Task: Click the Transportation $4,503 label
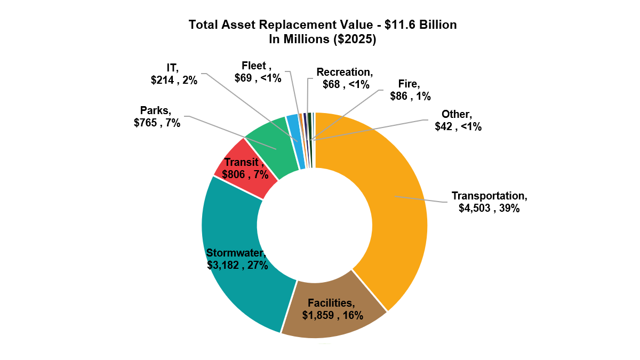pos(489,202)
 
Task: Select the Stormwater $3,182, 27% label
pos(237,259)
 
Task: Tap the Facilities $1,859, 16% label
pos(332,309)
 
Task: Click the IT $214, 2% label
pos(174,75)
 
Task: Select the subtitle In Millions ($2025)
pos(323,39)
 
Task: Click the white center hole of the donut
pos(315,224)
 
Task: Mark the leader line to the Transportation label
pos(421,199)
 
